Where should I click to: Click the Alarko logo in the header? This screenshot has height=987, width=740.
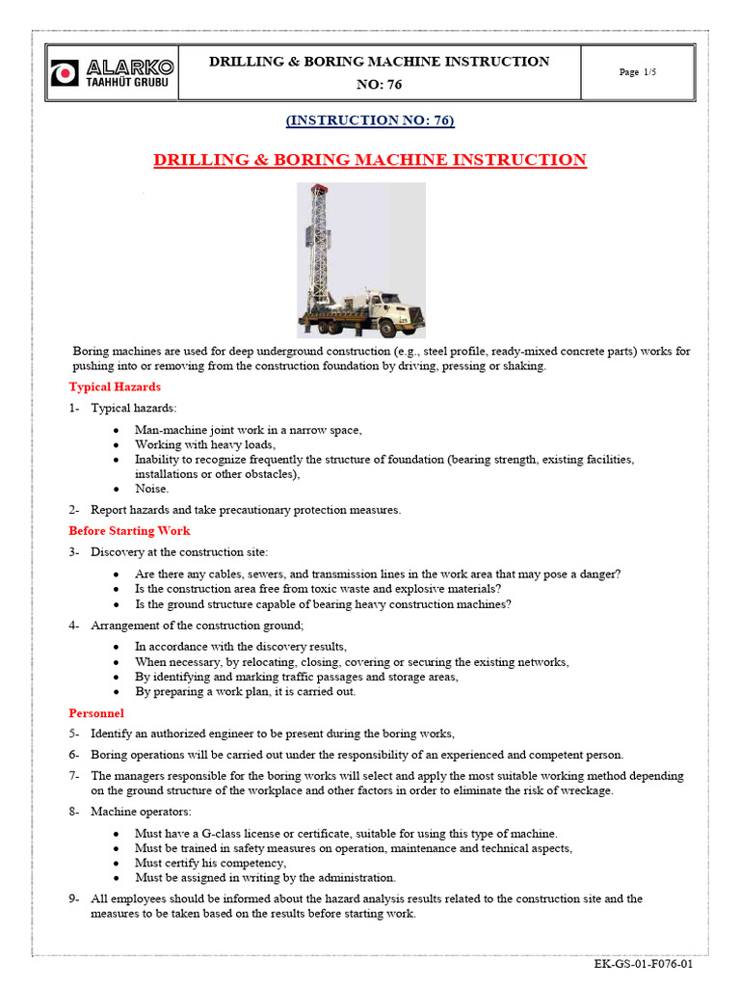[x=114, y=72]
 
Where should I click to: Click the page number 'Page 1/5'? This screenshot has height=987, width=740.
[x=639, y=72]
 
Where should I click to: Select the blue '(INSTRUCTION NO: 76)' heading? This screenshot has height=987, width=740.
[x=370, y=120]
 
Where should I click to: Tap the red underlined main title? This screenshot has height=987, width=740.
[x=370, y=160]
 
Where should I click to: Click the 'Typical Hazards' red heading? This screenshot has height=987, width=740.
[x=115, y=387]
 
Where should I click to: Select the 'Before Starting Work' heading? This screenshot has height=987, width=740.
[x=129, y=530]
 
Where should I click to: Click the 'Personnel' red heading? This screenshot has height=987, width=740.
[x=96, y=713]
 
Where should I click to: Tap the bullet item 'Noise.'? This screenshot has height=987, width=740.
[x=151, y=489]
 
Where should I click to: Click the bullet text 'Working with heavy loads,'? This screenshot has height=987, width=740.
[x=205, y=444]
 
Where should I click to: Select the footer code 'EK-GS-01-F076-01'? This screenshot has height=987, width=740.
[x=643, y=964]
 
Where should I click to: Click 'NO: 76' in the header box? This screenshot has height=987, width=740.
[x=379, y=85]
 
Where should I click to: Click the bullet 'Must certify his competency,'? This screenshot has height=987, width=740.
[x=210, y=863]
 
